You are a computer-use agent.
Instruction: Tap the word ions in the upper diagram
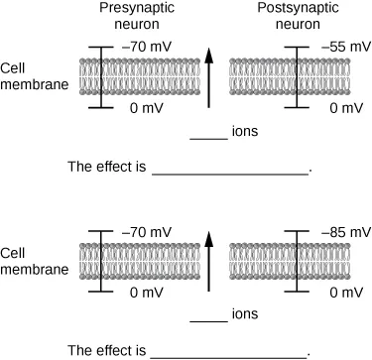tap(245, 131)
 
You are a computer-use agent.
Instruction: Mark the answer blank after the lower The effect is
tap(230, 355)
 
